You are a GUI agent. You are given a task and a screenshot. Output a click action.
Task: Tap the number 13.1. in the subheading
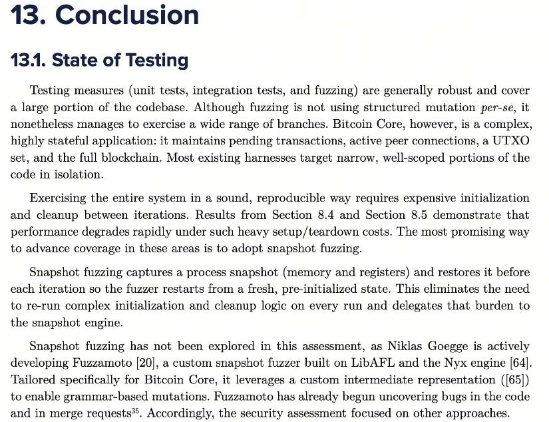click(28, 61)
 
